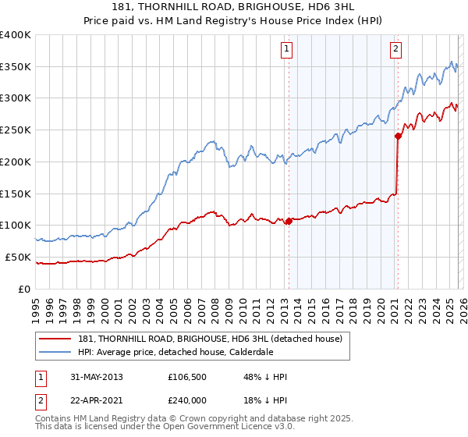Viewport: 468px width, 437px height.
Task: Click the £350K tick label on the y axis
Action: click(16, 67)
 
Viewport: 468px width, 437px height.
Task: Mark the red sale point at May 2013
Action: click(289, 221)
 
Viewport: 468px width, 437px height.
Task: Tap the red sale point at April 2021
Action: click(398, 136)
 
